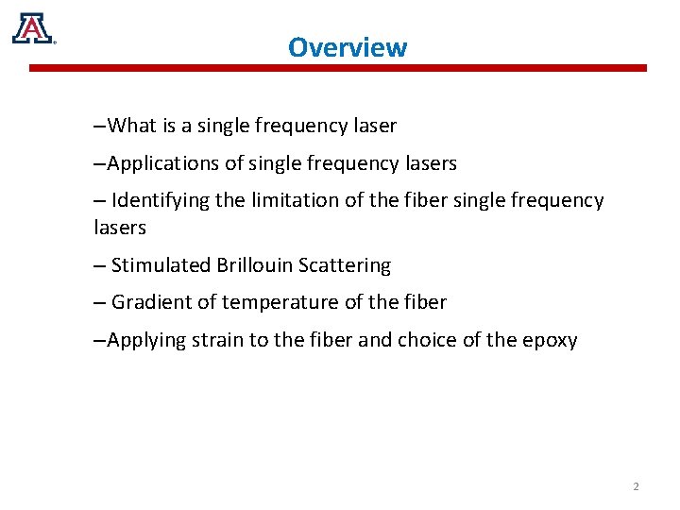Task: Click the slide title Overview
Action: (348, 47)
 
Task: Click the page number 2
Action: (636, 486)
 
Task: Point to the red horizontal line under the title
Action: (338, 68)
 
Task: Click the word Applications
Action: (163, 164)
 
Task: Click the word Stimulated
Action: (161, 266)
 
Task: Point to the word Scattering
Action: (344, 266)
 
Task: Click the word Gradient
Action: (149, 303)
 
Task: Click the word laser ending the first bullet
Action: (373, 126)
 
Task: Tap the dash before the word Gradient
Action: (100, 303)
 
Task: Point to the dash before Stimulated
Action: (100, 266)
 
